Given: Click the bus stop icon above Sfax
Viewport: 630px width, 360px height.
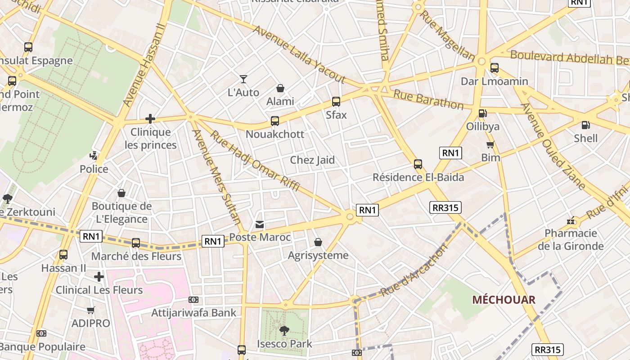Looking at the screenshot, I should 336,102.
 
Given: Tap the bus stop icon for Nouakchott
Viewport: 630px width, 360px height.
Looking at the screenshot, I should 275,121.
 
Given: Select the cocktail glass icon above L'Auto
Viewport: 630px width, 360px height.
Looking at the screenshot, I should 243,79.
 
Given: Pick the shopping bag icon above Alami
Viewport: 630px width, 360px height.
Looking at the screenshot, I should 280,88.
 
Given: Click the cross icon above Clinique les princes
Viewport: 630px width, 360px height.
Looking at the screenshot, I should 150,119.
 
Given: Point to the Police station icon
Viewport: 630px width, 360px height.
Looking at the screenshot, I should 94,156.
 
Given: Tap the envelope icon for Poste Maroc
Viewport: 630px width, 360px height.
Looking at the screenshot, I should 260,224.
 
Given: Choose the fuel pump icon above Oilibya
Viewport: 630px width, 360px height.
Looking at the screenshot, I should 482,113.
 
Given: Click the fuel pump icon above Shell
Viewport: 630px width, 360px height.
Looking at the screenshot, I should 585,125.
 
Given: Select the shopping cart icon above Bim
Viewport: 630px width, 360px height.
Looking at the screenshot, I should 490,144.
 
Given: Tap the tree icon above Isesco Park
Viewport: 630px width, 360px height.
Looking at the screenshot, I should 284,331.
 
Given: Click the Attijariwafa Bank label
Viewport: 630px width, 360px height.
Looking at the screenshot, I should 194,312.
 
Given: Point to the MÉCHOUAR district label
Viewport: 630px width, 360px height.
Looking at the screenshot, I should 504,300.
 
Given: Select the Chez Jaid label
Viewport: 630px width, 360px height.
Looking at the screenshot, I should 312,160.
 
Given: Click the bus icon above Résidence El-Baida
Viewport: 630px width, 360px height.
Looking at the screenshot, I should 418,164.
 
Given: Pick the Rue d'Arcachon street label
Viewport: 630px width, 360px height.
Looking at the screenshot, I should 414,270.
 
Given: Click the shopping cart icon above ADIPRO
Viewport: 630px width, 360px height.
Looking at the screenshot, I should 90,310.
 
